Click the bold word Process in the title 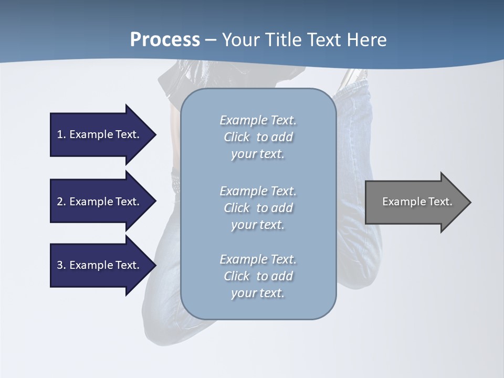(165, 40)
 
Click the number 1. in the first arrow (61, 134)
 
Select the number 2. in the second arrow (61, 202)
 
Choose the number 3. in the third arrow (61, 265)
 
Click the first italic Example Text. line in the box (258, 120)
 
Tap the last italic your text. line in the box (258, 293)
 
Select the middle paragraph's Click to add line (258, 208)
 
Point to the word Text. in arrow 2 (128, 202)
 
